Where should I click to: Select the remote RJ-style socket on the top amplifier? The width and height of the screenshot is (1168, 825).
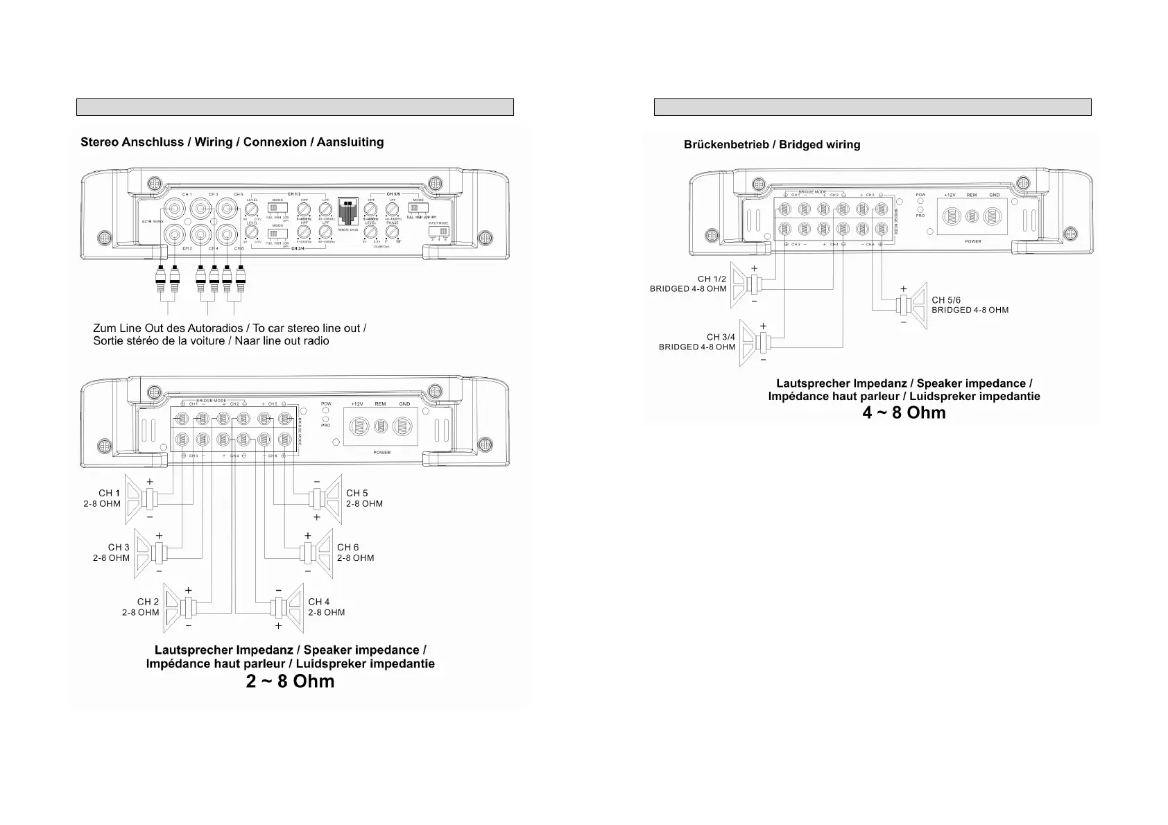point(347,211)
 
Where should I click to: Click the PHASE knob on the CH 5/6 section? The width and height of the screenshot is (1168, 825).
point(392,232)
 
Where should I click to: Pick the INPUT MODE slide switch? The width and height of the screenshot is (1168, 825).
point(438,232)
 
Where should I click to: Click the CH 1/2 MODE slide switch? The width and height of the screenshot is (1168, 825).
point(277,208)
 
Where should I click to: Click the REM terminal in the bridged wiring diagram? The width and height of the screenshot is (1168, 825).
point(972,216)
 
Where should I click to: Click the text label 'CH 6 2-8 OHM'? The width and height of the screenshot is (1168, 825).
point(355,553)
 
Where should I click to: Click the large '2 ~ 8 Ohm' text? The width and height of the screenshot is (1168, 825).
point(290,681)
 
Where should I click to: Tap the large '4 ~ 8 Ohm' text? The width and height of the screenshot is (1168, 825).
point(904,412)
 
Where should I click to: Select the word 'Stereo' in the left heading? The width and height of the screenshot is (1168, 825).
point(100,142)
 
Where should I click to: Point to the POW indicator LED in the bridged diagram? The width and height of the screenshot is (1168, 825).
point(920,202)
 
